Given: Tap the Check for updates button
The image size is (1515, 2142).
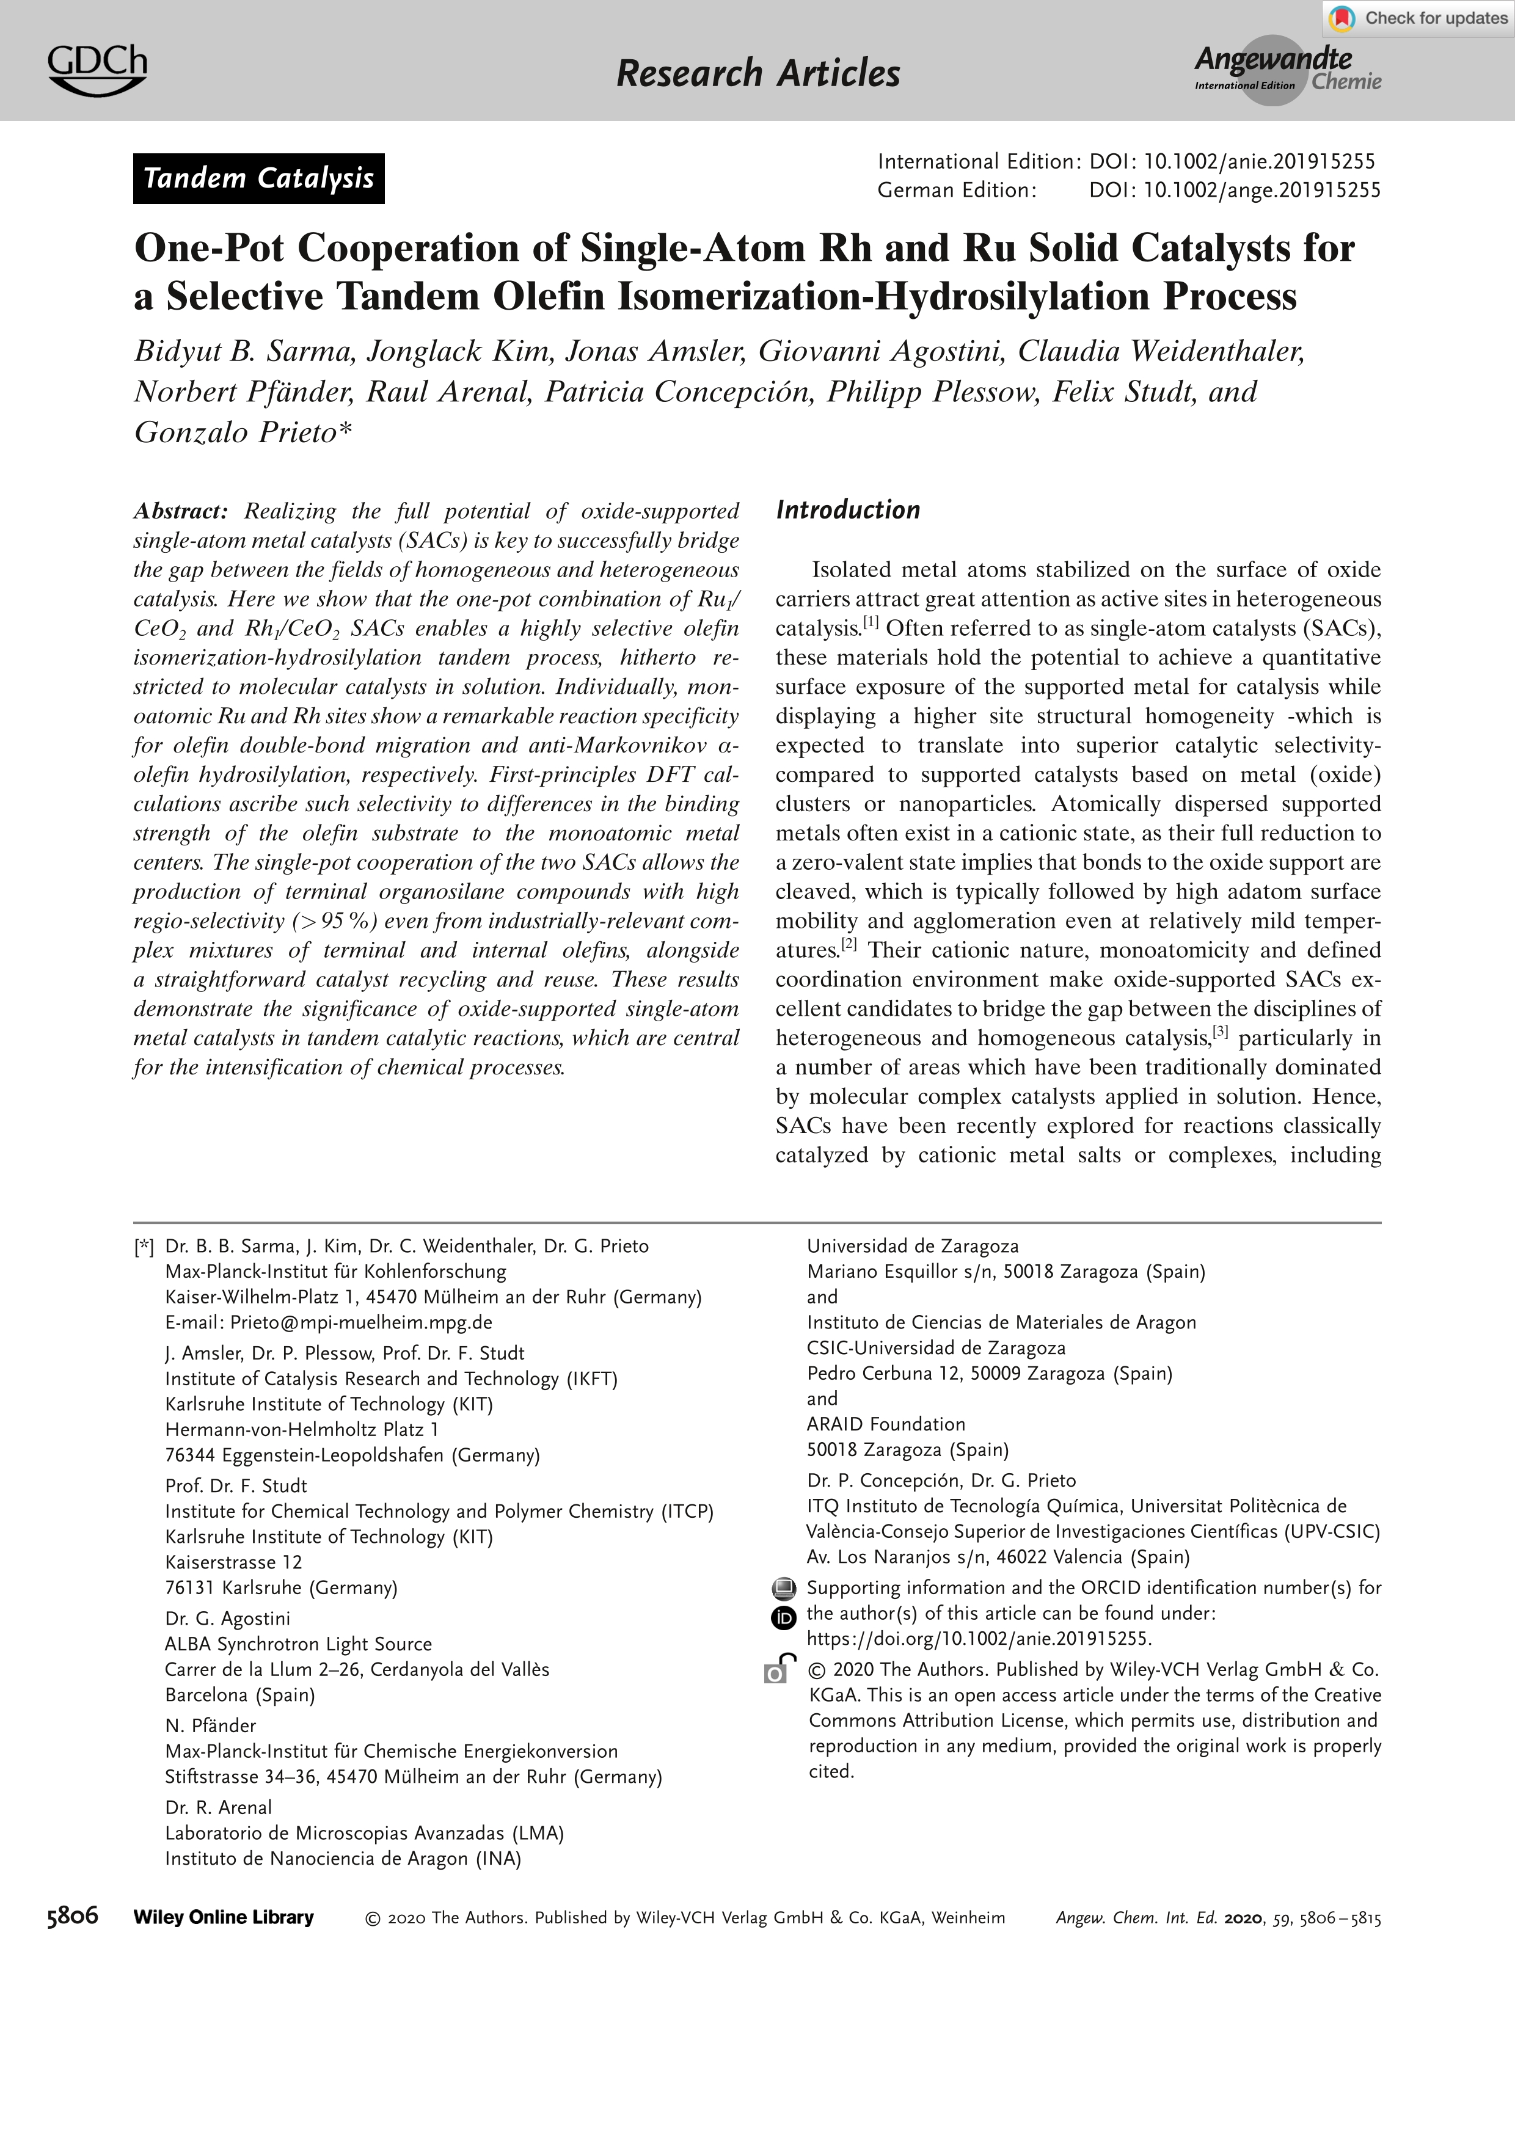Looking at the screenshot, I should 1418,18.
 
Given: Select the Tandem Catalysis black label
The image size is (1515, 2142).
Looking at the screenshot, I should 258,178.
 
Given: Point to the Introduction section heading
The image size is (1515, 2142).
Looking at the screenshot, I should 847,509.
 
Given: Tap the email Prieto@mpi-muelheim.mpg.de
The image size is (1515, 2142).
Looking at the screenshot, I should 361,1322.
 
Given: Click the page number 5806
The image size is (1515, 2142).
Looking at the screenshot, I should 73,1917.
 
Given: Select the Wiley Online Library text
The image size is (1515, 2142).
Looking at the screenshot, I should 224,1917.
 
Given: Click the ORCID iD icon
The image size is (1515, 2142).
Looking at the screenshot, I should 784,1619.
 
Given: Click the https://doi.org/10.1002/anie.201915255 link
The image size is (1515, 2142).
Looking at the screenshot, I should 979,1638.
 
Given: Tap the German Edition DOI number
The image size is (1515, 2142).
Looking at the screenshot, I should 1261,191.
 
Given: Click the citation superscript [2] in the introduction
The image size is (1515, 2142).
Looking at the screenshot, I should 849,944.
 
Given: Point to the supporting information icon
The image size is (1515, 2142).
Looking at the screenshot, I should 784,1588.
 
